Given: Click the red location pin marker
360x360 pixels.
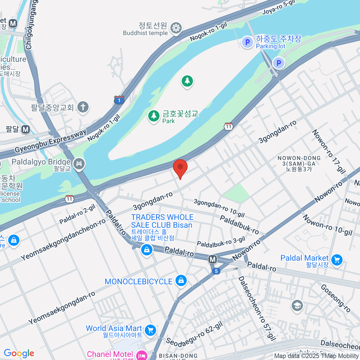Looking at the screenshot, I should (180, 167).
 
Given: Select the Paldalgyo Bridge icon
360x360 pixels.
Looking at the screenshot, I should (79, 163).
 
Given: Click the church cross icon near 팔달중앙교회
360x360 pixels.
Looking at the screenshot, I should (83, 107).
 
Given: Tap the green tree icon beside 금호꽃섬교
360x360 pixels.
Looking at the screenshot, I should (154, 116).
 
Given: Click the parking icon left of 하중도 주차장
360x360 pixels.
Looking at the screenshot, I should (247, 42).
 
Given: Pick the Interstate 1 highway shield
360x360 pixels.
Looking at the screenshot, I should (119, 100).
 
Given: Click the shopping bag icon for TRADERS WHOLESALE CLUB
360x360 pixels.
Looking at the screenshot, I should (147, 250).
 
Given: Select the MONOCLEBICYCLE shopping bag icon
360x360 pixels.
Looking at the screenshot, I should (181, 280).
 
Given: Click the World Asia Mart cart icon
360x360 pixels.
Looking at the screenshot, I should (150, 330).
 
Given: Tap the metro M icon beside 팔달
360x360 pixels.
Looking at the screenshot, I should (26, 129).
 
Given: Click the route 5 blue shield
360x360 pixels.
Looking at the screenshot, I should (216, 271).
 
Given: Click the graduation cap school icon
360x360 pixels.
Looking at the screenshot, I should (297, 306).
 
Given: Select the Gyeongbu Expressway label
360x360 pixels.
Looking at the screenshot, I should (50, 140).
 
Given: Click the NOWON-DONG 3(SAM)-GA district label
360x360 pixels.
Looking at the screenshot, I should (299, 163).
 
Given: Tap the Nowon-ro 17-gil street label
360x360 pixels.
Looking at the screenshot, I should (329, 151).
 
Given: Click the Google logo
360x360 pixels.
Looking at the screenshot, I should (19, 353).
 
